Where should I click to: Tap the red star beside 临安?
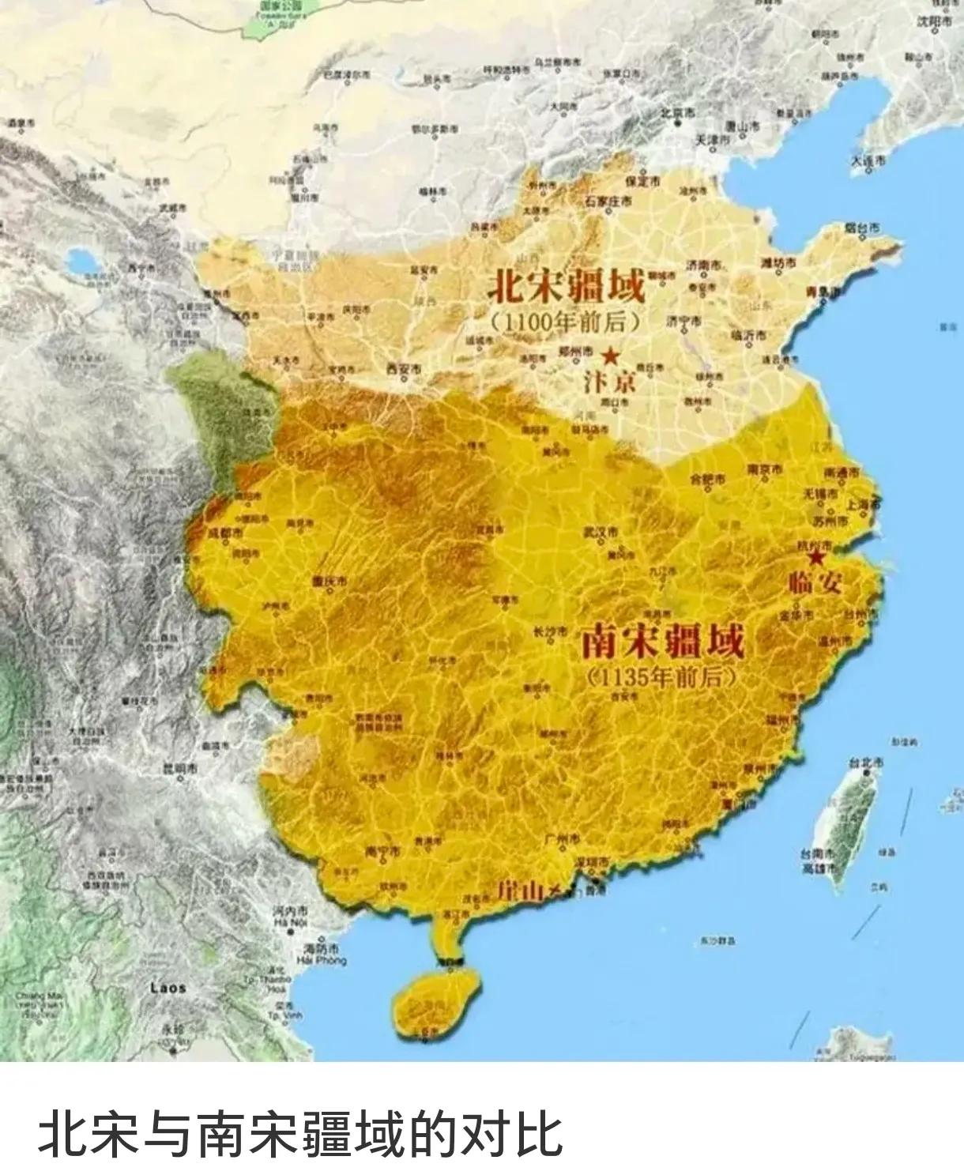[x=815, y=558]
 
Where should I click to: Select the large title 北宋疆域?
[x=566, y=285]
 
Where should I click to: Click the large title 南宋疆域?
[x=663, y=641]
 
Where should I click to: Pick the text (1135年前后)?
[x=662, y=677]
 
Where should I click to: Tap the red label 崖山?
[x=521, y=891]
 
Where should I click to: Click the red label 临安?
[x=815, y=583]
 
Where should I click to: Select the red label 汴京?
[x=609, y=382]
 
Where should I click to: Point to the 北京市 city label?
[x=677, y=113]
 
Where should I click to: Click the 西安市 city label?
[x=405, y=368]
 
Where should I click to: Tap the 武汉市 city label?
[x=601, y=531]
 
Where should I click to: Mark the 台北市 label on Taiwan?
[x=865, y=763]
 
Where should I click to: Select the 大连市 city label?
[x=868, y=160]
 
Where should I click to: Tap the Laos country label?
[x=168, y=988]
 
